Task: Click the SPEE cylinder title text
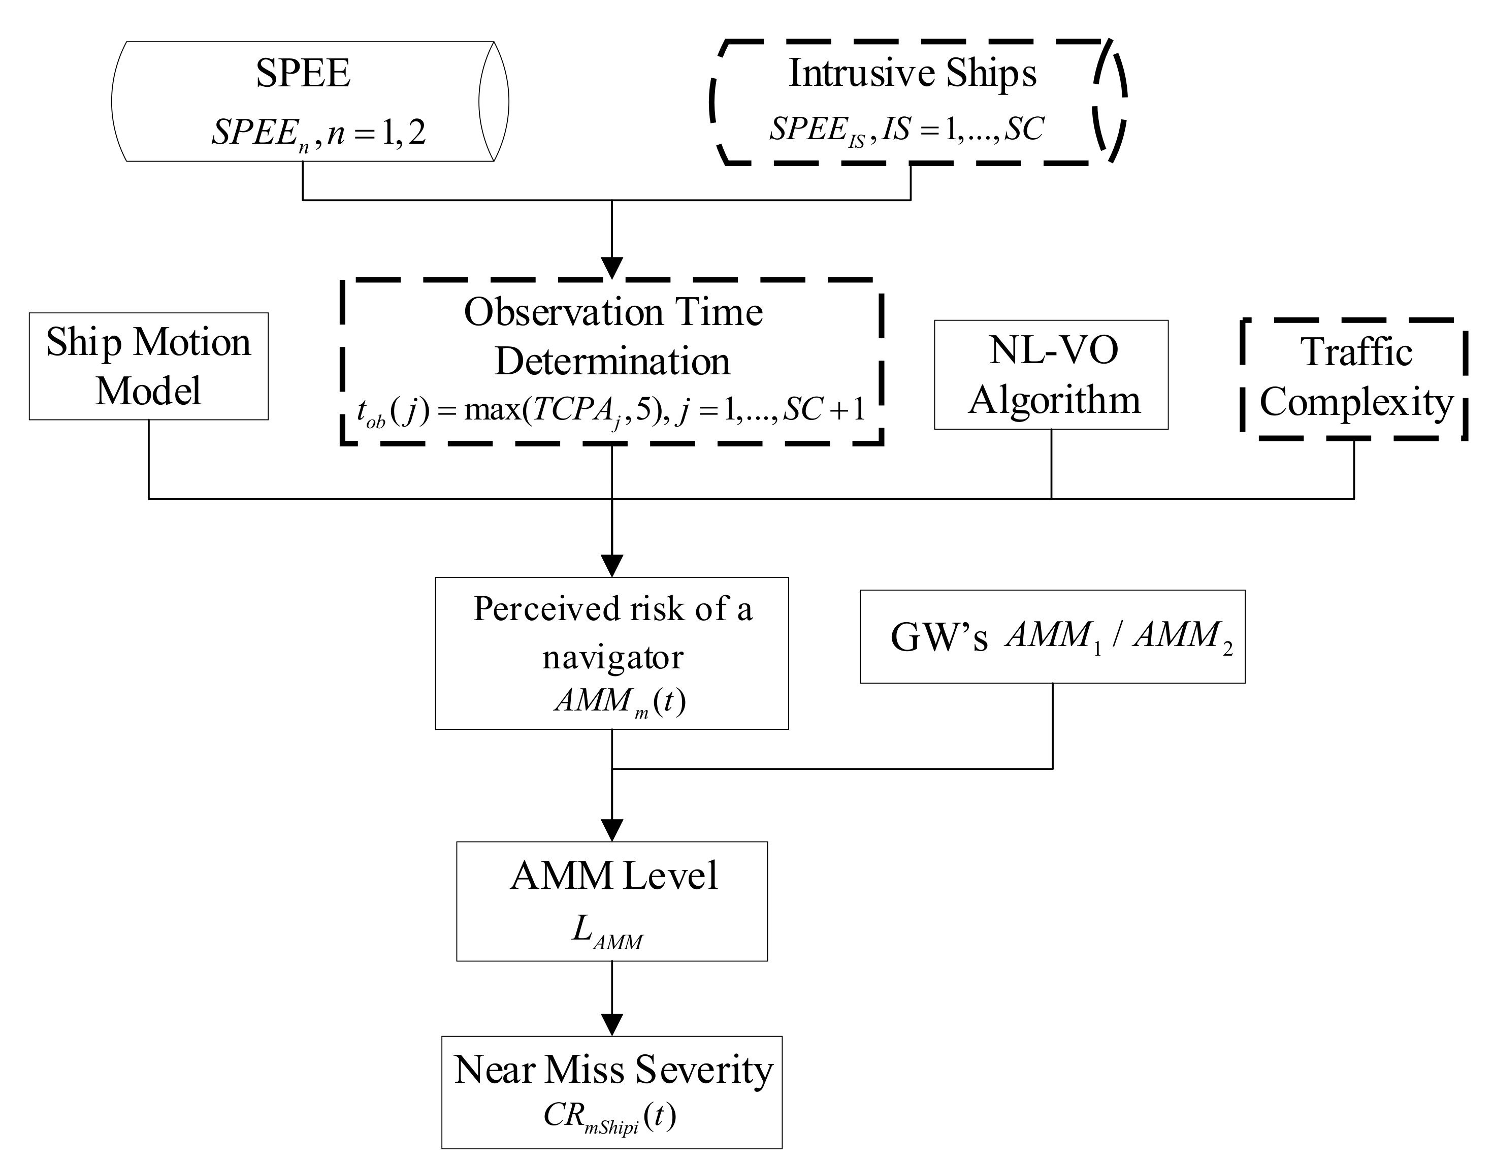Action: point(303,73)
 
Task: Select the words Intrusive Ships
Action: point(912,73)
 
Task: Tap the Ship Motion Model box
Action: point(148,366)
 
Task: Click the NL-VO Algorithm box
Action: point(1051,375)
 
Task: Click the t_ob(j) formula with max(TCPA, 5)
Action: point(610,411)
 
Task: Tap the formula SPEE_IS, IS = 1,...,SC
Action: point(906,129)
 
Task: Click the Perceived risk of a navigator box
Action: point(612,632)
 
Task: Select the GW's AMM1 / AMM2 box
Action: point(1052,636)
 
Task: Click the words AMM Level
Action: point(613,876)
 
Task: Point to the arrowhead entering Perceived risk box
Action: point(612,565)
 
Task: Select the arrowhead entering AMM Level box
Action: point(612,830)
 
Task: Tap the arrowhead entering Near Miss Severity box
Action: point(612,1024)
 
